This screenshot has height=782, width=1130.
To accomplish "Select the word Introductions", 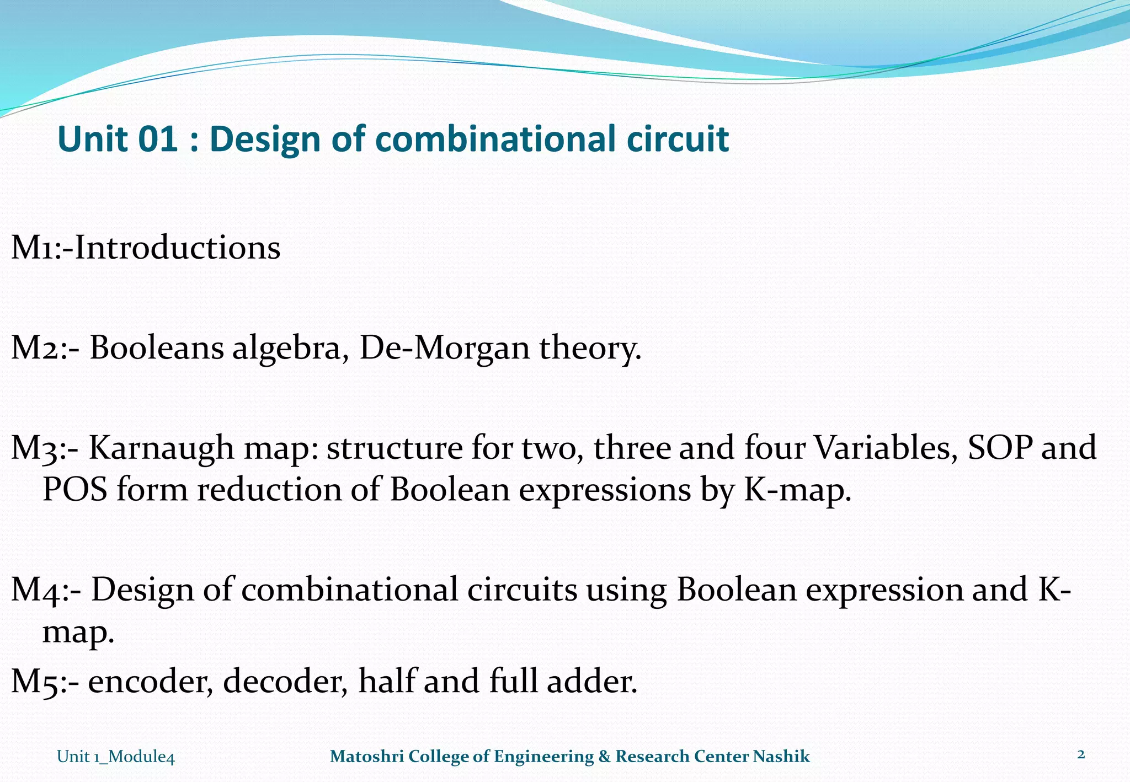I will tap(177, 248).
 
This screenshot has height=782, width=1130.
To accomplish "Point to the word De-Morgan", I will tap(444, 349).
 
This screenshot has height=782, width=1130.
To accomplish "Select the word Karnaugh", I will tap(162, 448).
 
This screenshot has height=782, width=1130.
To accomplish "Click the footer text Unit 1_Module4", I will tap(116, 757).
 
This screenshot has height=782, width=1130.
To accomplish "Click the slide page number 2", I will tap(1080, 754).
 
